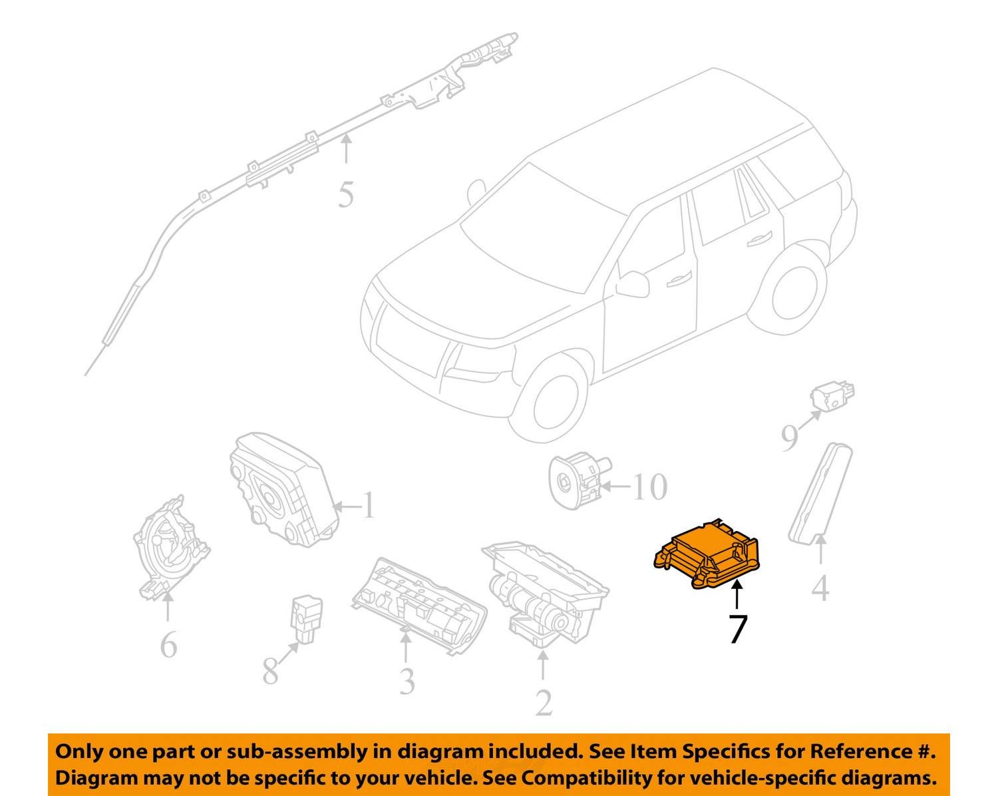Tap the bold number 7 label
(x=739, y=628)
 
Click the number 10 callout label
(x=650, y=487)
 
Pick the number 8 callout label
(x=270, y=672)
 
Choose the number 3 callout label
(x=407, y=682)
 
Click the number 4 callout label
(x=820, y=588)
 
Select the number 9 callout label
(x=790, y=438)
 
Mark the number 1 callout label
(x=369, y=505)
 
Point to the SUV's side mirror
(x=632, y=284)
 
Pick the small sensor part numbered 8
(x=306, y=621)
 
